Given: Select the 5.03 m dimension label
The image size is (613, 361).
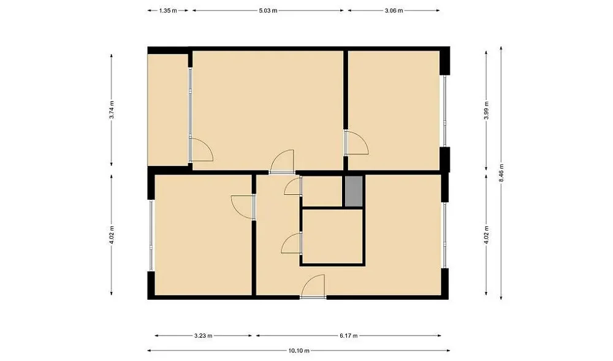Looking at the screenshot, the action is (268, 10).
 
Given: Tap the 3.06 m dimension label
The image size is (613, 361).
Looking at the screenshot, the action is (394, 10).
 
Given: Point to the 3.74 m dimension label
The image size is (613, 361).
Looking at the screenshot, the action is (112, 110).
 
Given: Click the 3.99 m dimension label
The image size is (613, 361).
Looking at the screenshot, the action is (486, 110).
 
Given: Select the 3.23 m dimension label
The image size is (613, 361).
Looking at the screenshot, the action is (204, 336).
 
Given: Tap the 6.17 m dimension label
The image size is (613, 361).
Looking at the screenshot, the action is (348, 336).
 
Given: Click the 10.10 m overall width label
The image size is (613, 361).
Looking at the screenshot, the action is (299, 351).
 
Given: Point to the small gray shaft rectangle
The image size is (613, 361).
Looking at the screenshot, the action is (354, 191).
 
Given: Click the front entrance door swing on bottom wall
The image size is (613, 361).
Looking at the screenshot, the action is (313, 286).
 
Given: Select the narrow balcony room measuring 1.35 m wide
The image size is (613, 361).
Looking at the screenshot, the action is (168, 110).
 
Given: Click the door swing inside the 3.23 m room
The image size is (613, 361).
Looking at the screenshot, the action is (242, 207).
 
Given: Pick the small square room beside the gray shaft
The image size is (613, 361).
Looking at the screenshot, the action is (322, 191).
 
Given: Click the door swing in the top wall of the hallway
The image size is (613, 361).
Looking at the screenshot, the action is (281, 161).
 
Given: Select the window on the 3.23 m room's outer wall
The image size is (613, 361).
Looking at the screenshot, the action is (151, 235).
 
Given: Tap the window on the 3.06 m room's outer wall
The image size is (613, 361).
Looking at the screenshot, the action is (445, 111).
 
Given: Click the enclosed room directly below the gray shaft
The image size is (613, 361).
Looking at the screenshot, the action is (333, 237).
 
